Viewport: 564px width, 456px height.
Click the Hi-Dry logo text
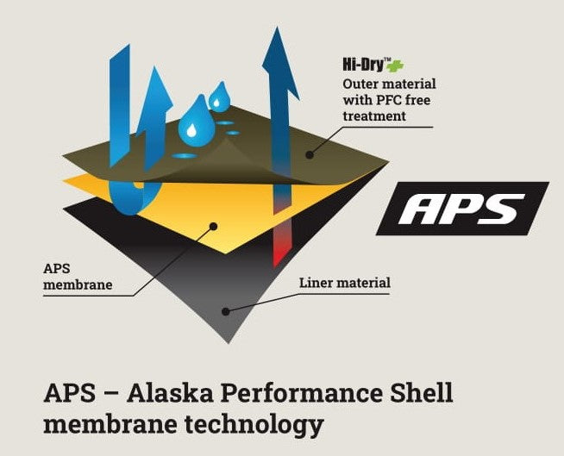pos(364,65)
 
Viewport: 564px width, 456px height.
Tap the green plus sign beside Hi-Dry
pos(396,66)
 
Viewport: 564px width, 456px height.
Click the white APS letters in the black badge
pos(462,209)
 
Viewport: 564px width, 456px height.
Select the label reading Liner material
pos(345,283)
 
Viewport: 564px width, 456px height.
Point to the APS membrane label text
pos(78,277)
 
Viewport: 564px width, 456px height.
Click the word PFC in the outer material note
pos(389,100)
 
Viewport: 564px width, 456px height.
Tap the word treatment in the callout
pos(374,116)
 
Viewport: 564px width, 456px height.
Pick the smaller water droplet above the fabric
pos(219,97)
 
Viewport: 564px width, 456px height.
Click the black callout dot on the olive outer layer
pos(310,155)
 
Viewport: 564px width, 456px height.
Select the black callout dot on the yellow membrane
pos(213,227)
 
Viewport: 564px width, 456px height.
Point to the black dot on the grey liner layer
pos(226,311)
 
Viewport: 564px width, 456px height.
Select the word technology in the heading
pos(254,425)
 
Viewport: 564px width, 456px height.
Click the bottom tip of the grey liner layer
pos(229,343)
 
